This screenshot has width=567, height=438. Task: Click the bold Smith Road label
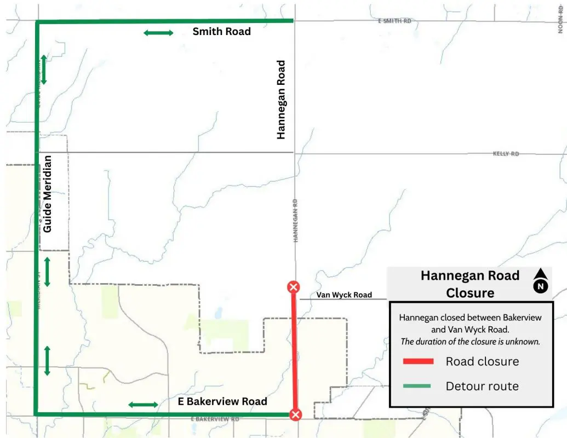click(x=221, y=32)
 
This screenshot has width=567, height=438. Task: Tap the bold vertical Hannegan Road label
click(x=282, y=100)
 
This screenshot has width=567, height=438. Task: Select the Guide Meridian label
click(x=48, y=194)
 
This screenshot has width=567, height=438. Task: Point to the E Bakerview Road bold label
click(x=222, y=401)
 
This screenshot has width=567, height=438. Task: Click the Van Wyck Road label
click(x=344, y=295)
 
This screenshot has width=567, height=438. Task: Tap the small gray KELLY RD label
click(x=506, y=154)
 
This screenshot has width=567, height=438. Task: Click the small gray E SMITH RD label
click(x=394, y=21)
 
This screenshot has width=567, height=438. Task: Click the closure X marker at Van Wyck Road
click(x=294, y=287)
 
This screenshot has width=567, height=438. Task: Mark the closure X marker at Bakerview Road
click(x=295, y=414)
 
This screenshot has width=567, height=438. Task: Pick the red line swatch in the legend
click(x=418, y=361)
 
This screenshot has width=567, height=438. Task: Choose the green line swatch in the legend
click(x=418, y=386)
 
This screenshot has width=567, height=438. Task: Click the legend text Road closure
click(x=482, y=361)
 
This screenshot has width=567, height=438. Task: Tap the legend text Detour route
click(x=482, y=386)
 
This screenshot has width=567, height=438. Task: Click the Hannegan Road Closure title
click(x=469, y=284)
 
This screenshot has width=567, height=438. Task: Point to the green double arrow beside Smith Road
click(x=158, y=33)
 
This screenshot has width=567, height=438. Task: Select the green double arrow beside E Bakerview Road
click(x=143, y=405)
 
